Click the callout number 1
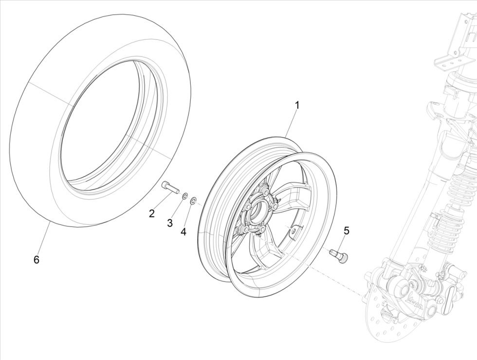(296, 105)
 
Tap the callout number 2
(152, 213)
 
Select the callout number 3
(170, 223)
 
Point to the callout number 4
(183, 232)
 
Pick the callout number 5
(347, 230)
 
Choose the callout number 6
(36, 260)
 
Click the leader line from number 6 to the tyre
(43, 239)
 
